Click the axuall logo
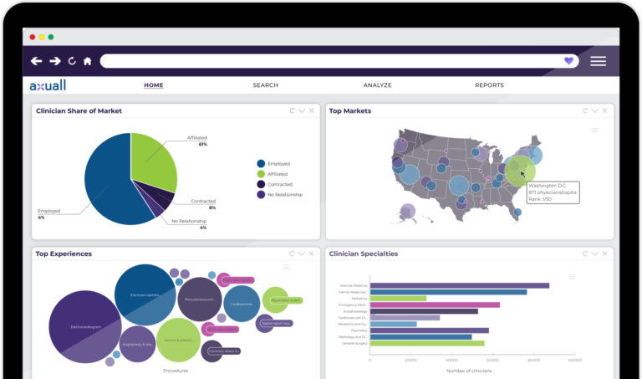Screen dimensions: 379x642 click(48, 85)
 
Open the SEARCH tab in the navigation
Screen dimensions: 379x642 click(265, 85)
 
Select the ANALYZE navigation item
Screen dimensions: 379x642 click(377, 85)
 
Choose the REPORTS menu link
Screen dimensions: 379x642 click(489, 85)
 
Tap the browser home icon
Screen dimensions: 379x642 click(88, 61)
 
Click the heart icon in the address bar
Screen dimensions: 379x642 click(568, 61)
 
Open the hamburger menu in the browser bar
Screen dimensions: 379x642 click(598, 61)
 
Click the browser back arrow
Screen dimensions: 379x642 click(36, 61)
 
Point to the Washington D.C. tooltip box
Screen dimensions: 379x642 click(552, 191)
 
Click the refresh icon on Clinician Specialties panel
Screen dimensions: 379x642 click(583, 253)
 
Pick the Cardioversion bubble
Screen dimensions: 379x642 click(241, 304)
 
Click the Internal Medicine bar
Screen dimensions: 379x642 click(459, 285)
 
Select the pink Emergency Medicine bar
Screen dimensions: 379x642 click(435, 305)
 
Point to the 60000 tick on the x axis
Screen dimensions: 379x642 click(492, 361)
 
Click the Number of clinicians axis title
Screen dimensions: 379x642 click(468, 371)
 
